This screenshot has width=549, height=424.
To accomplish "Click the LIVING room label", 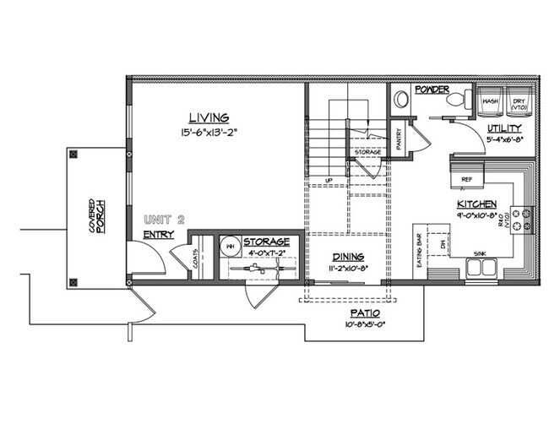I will click(x=209, y=117).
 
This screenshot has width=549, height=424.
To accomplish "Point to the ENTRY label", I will click(x=159, y=234).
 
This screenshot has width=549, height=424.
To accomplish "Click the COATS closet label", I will click(x=197, y=254).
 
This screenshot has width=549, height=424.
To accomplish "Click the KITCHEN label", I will click(x=476, y=204).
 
